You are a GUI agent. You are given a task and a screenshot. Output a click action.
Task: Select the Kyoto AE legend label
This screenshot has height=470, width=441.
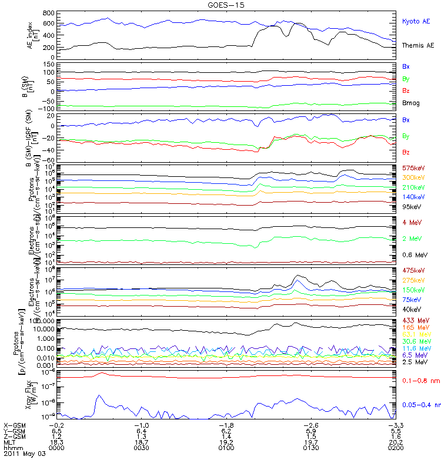pos(416,22)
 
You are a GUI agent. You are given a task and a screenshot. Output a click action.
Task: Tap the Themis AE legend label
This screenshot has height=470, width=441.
pos(418,45)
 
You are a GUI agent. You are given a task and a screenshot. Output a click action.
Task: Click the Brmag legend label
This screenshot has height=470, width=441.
pos(411,103)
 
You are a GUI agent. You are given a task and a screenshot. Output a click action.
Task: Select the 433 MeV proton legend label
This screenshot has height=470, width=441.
pos(413,320)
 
